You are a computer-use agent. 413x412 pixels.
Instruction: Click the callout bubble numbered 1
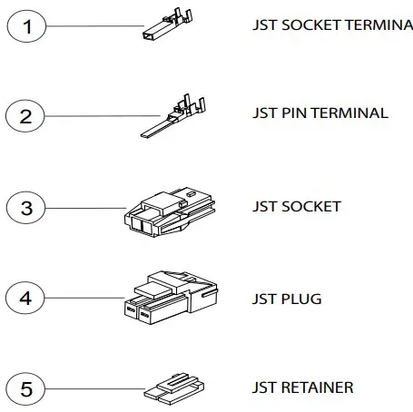coord(26,26)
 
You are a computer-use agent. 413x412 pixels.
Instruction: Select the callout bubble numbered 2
coord(26,116)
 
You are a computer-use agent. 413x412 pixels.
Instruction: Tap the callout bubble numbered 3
coord(26,208)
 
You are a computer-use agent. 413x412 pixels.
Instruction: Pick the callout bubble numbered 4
coord(26,298)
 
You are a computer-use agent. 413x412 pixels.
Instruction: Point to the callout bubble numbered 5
coord(26,389)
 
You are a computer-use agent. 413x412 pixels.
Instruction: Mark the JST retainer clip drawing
coord(174,390)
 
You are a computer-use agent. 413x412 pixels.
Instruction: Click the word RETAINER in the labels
coord(317,388)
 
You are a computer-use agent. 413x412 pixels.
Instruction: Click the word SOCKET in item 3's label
coord(310,207)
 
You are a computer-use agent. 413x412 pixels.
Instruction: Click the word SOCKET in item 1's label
coord(310,25)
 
